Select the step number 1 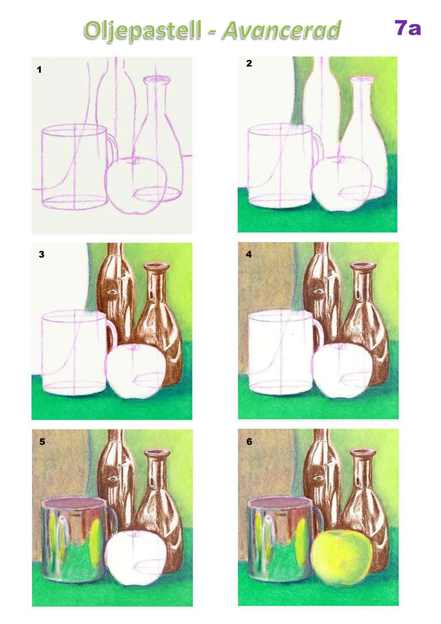coord(39,70)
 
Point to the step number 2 coord(249,63)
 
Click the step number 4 coord(249,254)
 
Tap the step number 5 coord(42,442)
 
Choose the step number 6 coord(249,442)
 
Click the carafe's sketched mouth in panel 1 coord(157,79)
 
